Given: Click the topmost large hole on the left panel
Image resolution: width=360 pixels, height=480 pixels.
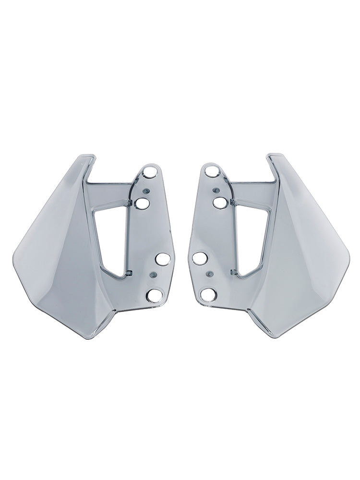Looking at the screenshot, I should click(149, 172).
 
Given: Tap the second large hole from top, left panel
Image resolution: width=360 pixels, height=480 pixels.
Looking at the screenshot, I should click(143, 204).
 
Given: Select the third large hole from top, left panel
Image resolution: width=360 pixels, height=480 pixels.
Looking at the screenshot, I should click(162, 260).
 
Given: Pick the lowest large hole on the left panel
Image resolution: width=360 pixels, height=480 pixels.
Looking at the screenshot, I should click(155, 295).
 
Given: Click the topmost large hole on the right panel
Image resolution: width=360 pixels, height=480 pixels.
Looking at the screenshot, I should click(212, 171).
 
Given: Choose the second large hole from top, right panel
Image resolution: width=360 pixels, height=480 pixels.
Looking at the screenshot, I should click(219, 203).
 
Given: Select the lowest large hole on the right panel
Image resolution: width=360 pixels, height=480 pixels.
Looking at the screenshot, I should click(208, 294).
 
